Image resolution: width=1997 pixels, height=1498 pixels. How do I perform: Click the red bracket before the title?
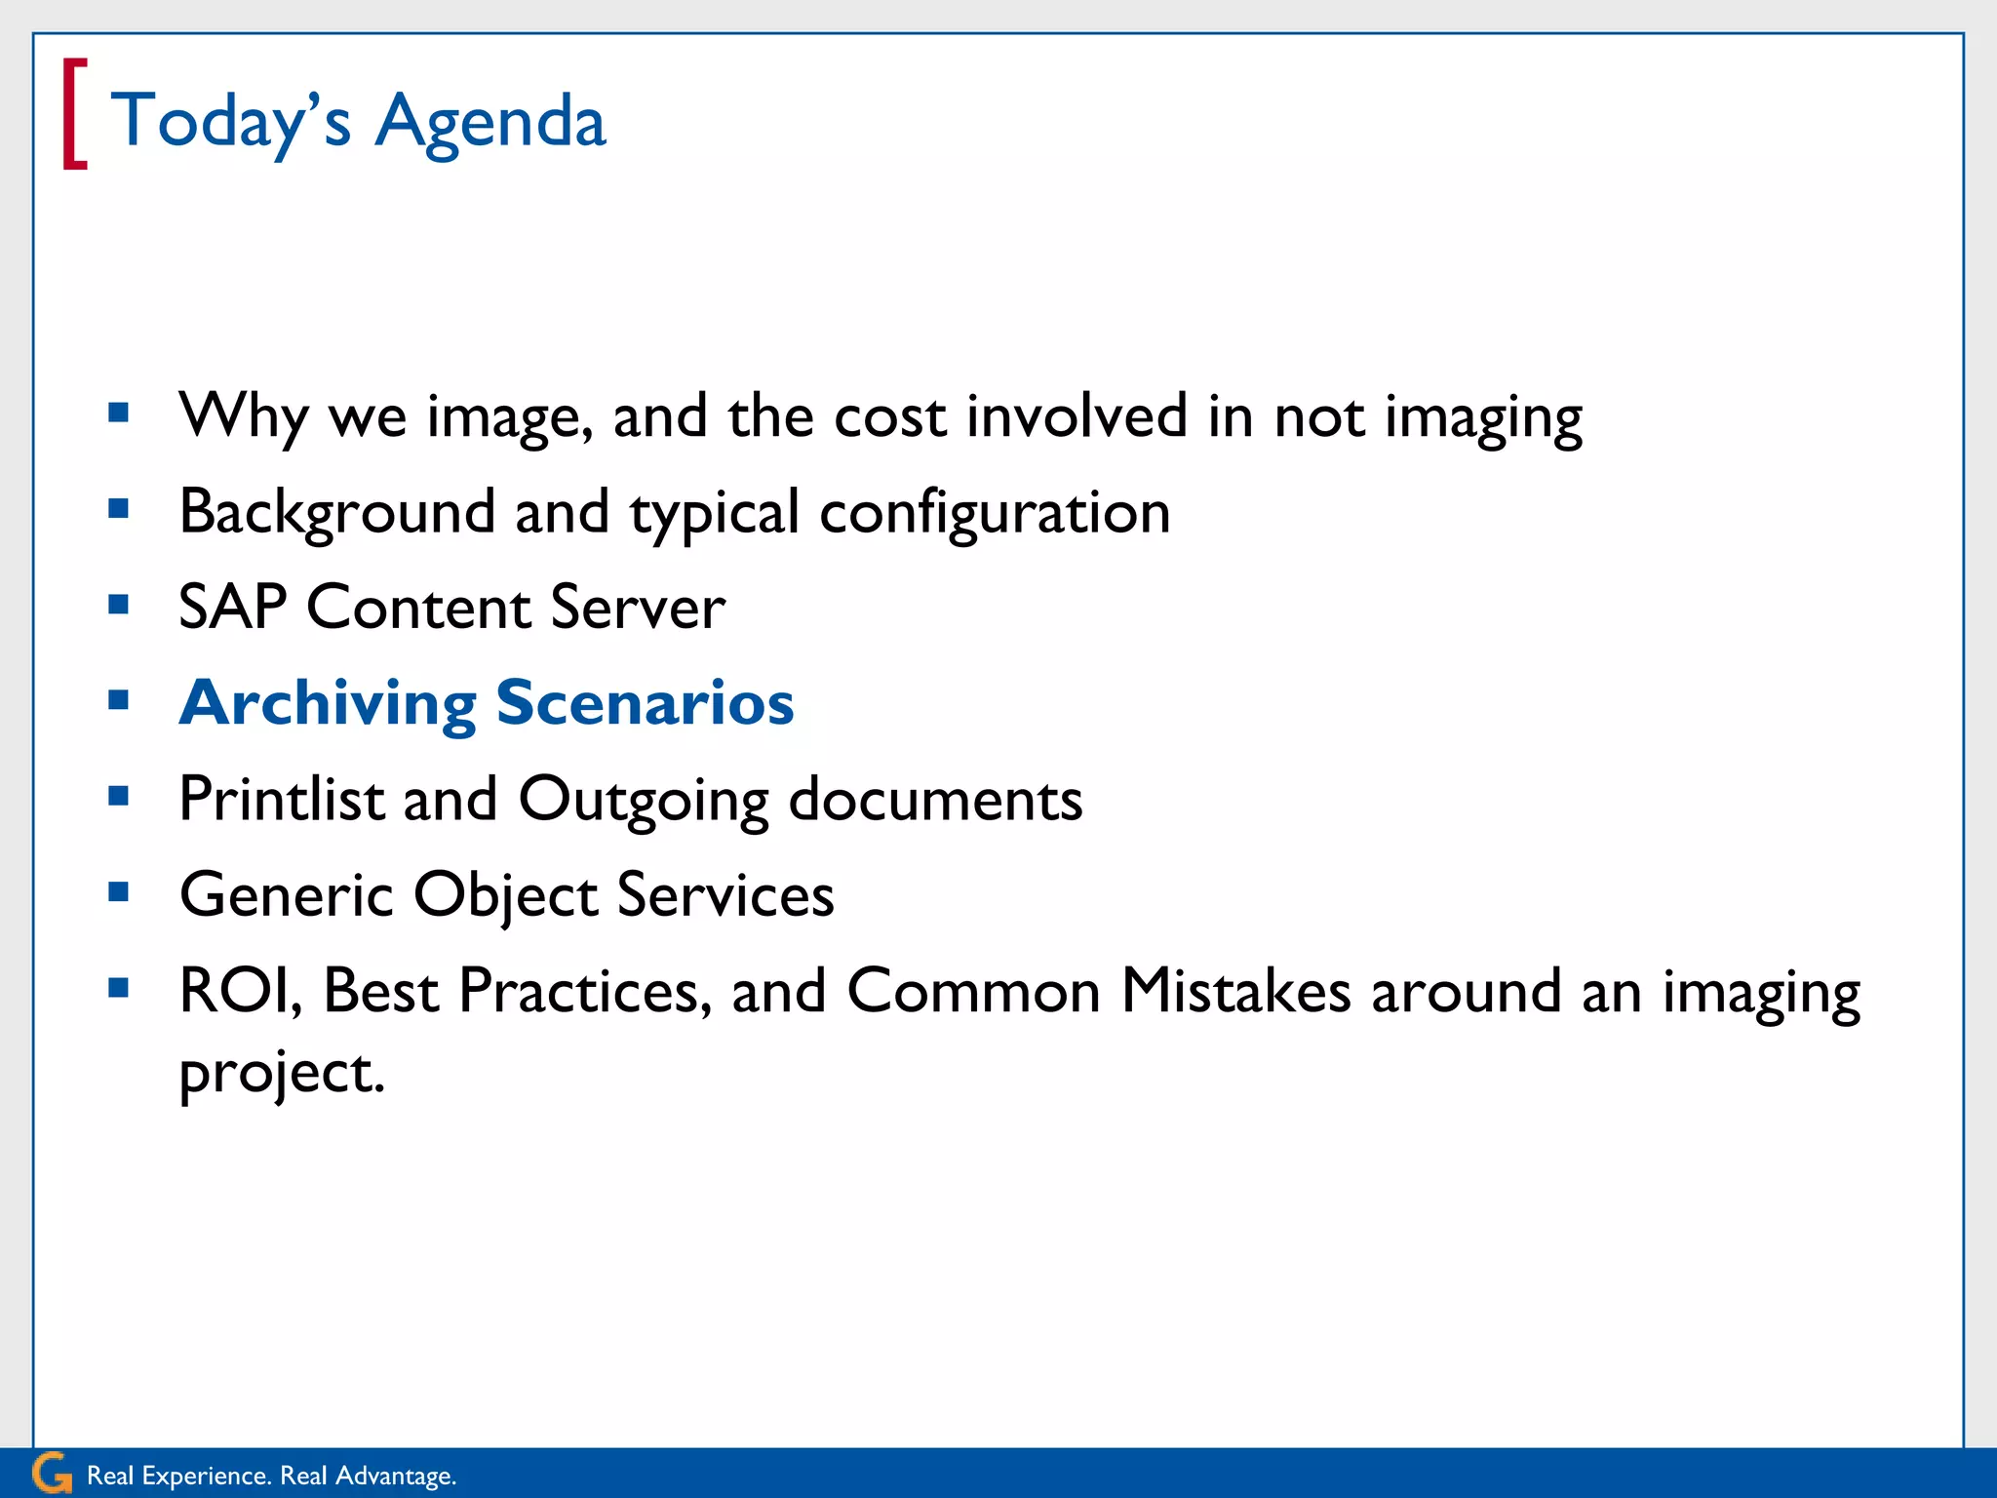(74, 114)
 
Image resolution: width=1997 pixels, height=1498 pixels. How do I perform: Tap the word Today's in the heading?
(230, 121)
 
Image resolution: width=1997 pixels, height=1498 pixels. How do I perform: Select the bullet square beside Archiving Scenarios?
(119, 700)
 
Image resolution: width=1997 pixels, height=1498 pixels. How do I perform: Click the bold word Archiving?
(328, 704)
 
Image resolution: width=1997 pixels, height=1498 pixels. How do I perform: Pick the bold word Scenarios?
(645, 702)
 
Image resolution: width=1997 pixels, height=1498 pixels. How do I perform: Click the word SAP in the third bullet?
(232, 607)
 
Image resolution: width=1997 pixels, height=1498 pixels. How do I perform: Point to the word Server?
(638, 607)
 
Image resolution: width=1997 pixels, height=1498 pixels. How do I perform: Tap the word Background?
(337, 512)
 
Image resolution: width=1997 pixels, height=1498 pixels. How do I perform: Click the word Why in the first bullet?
(244, 417)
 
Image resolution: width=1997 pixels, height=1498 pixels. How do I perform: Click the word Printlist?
(282, 799)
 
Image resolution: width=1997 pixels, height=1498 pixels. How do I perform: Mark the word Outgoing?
(644, 801)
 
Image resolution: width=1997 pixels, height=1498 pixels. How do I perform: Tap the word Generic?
(287, 894)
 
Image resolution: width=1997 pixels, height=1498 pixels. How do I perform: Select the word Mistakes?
(1235, 991)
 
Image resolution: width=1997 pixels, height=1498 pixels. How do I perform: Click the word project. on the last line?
(282, 1073)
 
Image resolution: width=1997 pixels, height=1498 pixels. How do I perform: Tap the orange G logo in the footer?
(51, 1473)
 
